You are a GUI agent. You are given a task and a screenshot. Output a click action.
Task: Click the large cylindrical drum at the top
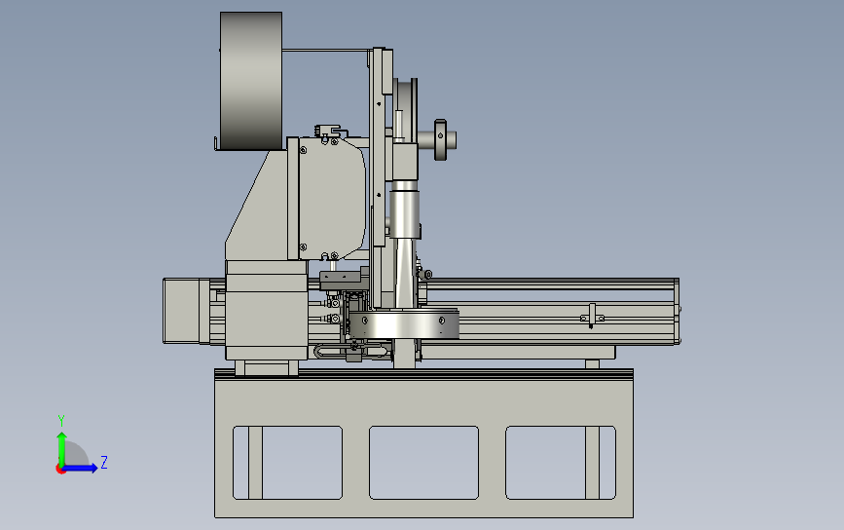point(251,81)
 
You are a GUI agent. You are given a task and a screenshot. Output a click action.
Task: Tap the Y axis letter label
point(61,420)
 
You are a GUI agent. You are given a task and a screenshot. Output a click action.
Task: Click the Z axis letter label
point(104,462)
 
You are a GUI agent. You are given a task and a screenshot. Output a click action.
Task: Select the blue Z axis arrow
point(79,468)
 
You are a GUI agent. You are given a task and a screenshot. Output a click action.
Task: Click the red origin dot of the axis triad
point(60,470)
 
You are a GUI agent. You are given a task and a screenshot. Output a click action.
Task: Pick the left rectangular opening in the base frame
point(287,463)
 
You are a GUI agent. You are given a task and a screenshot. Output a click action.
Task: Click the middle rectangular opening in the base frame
point(423,463)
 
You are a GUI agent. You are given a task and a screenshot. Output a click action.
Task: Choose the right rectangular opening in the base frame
point(561,463)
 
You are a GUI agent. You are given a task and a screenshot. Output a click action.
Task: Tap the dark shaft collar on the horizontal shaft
point(440,140)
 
